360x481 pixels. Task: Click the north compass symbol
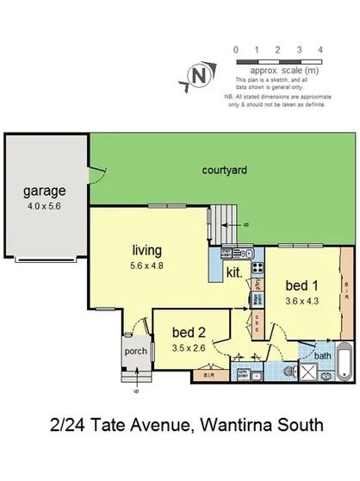coord(200,76)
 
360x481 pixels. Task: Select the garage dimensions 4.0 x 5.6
coord(43,207)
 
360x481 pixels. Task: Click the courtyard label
coord(225,171)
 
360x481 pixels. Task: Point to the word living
coord(146,251)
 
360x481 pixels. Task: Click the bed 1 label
coord(301,285)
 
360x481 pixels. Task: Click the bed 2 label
coord(189,333)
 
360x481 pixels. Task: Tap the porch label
coord(135,352)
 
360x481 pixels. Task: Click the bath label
coord(323,355)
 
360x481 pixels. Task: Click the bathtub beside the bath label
coord(343,361)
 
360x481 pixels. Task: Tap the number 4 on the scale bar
coord(320,50)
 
